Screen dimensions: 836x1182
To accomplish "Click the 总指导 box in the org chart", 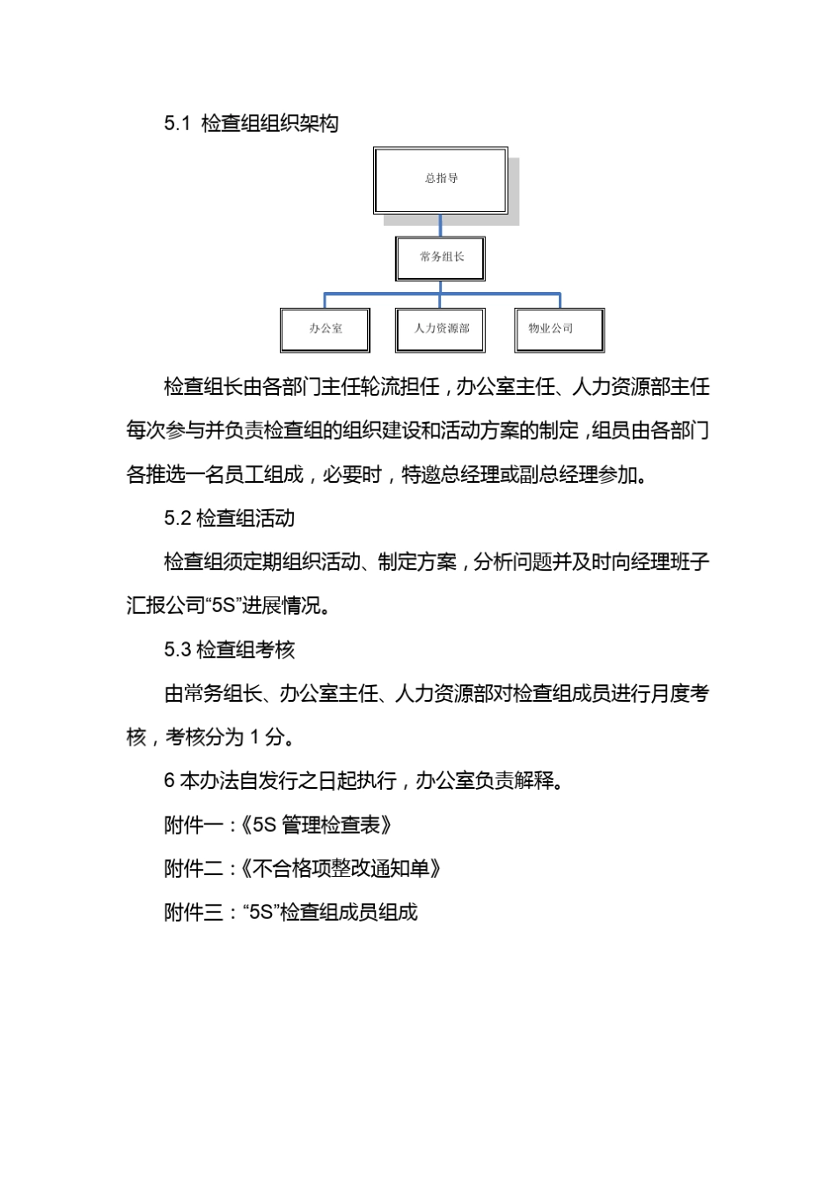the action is [440, 179].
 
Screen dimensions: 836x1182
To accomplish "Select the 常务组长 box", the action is [440, 257].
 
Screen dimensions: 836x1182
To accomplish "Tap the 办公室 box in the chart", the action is [325, 329].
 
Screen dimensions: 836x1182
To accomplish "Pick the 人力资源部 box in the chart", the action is [440, 329].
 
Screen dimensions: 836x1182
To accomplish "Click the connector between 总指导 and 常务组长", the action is [440, 225].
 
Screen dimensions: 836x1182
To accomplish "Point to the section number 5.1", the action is [177, 124].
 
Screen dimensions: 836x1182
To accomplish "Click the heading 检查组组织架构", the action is [270, 124].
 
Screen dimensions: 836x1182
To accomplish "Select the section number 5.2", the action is [177, 519].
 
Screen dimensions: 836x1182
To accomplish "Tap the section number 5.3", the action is [177, 650].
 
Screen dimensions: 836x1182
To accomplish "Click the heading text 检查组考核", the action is [246, 650].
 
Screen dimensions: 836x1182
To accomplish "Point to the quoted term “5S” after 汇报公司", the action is [224, 606].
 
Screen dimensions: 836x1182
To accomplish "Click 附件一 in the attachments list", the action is [194, 825].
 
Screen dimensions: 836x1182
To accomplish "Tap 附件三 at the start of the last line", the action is [194, 912].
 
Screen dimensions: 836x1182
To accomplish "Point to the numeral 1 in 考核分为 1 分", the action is [255, 738].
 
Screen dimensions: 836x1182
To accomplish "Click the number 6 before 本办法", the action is [169, 781].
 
